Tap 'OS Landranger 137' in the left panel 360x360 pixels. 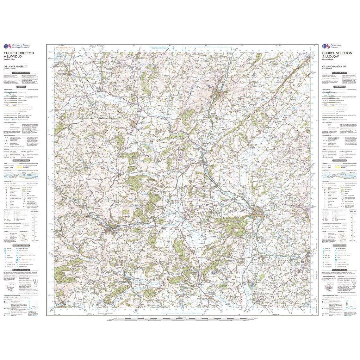point(16,66)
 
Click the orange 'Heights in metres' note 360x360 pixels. point(63,48)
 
